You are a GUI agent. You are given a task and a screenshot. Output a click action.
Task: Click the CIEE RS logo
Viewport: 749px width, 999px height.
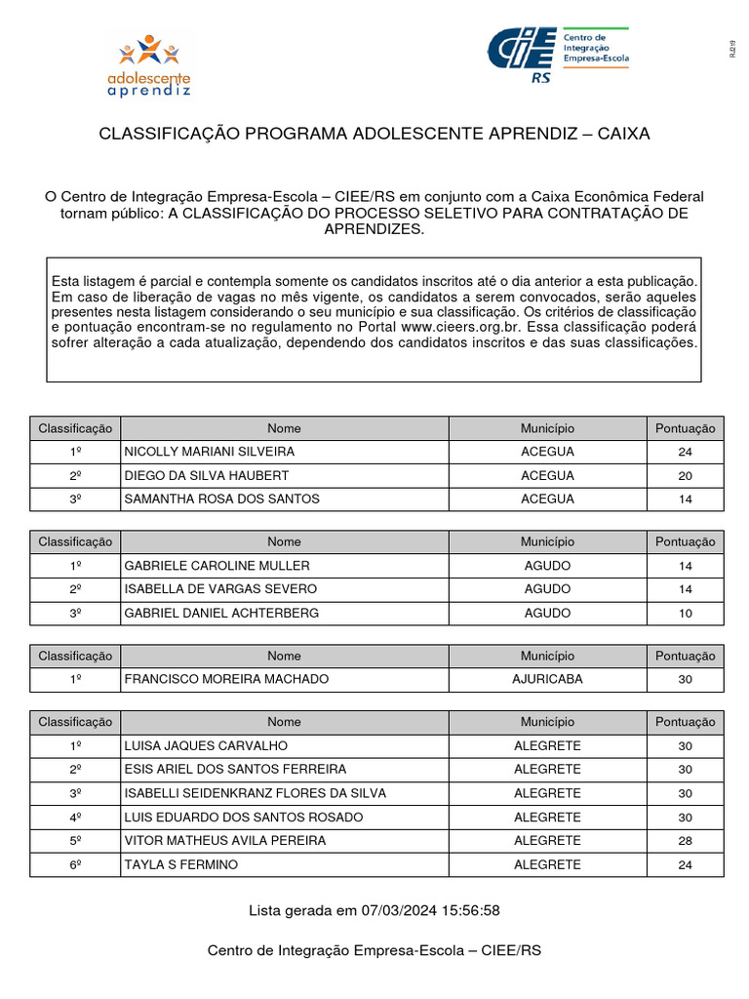[558, 56]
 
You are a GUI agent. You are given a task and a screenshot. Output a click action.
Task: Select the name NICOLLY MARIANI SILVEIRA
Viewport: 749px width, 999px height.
[209, 452]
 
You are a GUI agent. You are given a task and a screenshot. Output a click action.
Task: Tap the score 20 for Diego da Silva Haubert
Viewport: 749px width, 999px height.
[685, 475]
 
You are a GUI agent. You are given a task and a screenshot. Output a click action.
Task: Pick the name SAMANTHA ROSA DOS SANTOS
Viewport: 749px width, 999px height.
[221, 499]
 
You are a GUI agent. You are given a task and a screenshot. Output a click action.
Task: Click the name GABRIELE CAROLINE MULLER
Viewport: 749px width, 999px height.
[217, 566]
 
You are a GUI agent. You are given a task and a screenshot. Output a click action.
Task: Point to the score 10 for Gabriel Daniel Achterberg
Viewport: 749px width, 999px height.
[685, 613]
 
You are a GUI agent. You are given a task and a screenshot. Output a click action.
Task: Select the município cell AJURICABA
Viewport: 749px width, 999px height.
[547, 679]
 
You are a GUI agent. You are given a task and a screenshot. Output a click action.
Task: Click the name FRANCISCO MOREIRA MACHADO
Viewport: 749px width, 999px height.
[226, 679]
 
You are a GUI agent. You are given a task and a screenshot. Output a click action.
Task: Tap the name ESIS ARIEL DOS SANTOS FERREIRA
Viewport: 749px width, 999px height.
[235, 769]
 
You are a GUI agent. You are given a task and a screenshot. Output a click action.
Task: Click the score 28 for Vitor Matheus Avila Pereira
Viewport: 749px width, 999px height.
[685, 840]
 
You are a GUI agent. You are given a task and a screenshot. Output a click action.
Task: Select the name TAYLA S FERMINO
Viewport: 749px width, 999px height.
[180, 864]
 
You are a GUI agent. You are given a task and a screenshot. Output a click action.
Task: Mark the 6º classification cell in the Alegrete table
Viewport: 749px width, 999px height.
[75, 864]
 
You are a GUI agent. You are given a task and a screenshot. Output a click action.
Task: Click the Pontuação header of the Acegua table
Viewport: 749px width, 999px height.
[685, 428]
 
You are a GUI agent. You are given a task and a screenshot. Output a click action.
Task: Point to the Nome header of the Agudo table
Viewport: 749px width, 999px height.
[284, 541]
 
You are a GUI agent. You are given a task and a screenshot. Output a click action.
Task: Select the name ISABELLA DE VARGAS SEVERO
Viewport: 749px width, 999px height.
[220, 589]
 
